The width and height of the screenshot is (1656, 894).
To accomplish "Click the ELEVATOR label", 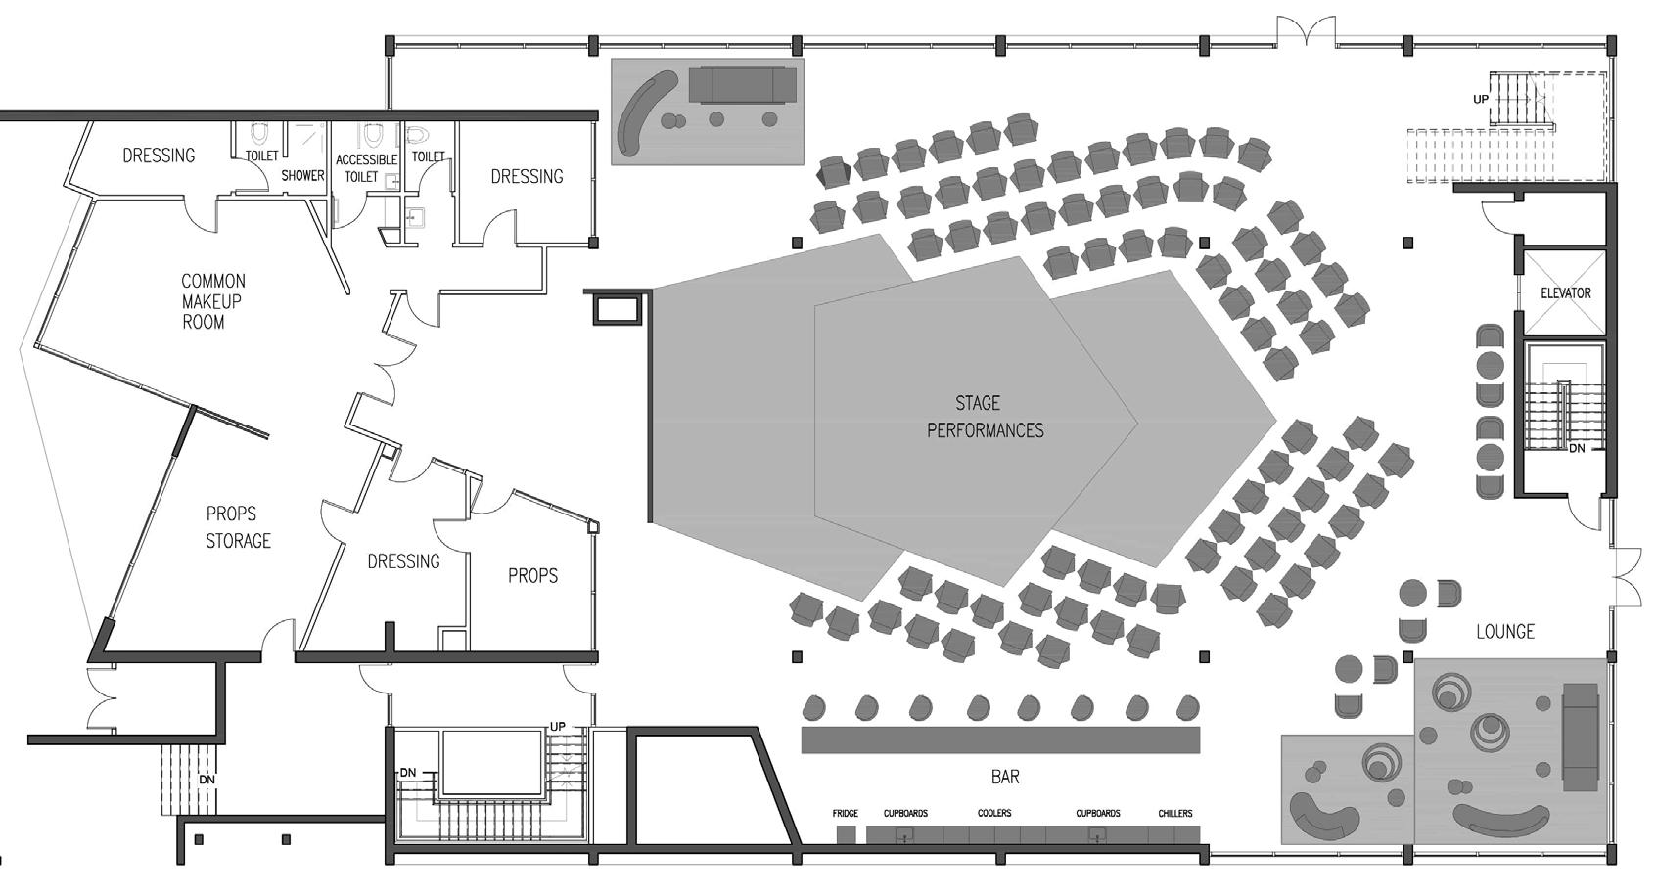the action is click(x=1565, y=293).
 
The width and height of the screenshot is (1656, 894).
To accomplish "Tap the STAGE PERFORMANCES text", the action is click(x=984, y=417).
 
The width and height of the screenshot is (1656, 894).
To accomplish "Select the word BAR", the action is click(x=1005, y=777).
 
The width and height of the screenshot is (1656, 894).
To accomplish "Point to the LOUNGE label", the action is click(x=1504, y=632).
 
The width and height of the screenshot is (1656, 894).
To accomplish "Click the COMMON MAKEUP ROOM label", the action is click(x=211, y=301).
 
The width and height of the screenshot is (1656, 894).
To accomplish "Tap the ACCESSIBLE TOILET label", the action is click(x=365, y=168).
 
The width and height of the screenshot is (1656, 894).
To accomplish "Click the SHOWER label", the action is click(x=302, y=176).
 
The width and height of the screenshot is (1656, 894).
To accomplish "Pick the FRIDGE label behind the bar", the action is click(x=845, y=814).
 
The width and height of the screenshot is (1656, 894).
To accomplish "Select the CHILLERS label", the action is click(x=1174, y=814).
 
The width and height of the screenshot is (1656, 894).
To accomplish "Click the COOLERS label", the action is click(x=993, y=814).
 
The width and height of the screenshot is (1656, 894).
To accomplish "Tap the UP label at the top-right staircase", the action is click(x=1481, y=100).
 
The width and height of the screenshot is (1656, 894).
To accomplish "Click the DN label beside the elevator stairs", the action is click(x=1577, y=449).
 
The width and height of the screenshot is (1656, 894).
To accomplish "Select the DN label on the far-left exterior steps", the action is click(x=207, y=781).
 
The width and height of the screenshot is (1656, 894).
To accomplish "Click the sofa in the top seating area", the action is click(x=741, y=84).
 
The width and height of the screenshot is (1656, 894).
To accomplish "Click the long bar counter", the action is click(x=999, y=739).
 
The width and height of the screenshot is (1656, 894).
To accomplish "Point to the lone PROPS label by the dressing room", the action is click(x=532, y=576).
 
